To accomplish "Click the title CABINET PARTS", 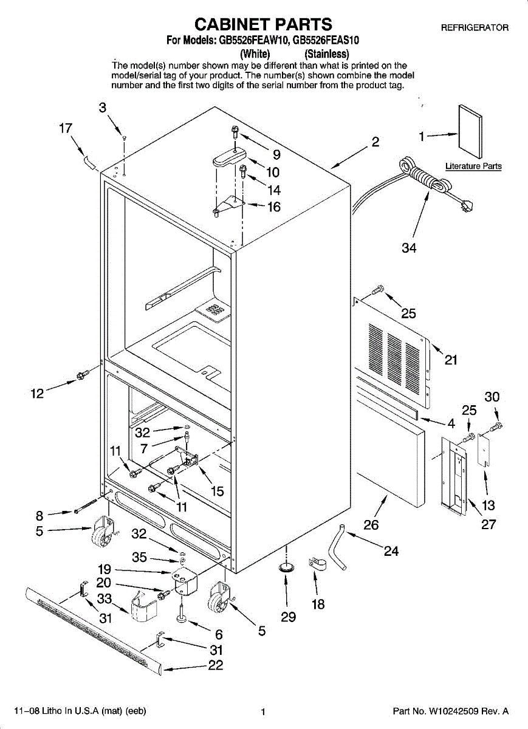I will [x=263, y=24].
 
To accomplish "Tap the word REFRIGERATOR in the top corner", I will [x=475, y=28].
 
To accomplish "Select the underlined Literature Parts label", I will [x=473, y=166].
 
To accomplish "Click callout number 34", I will [x=409, y=248].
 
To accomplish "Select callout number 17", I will [x=66, y=129].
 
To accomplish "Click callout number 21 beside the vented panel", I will [x=450, y=360].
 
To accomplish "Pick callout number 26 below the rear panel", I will [x=371, y=524].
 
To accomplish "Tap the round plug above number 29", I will [x=286, y=567].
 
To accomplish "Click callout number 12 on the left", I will [x=38, y=394].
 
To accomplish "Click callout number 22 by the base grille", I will [x=216, y=665].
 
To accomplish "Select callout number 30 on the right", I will [x=492, y=397].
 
